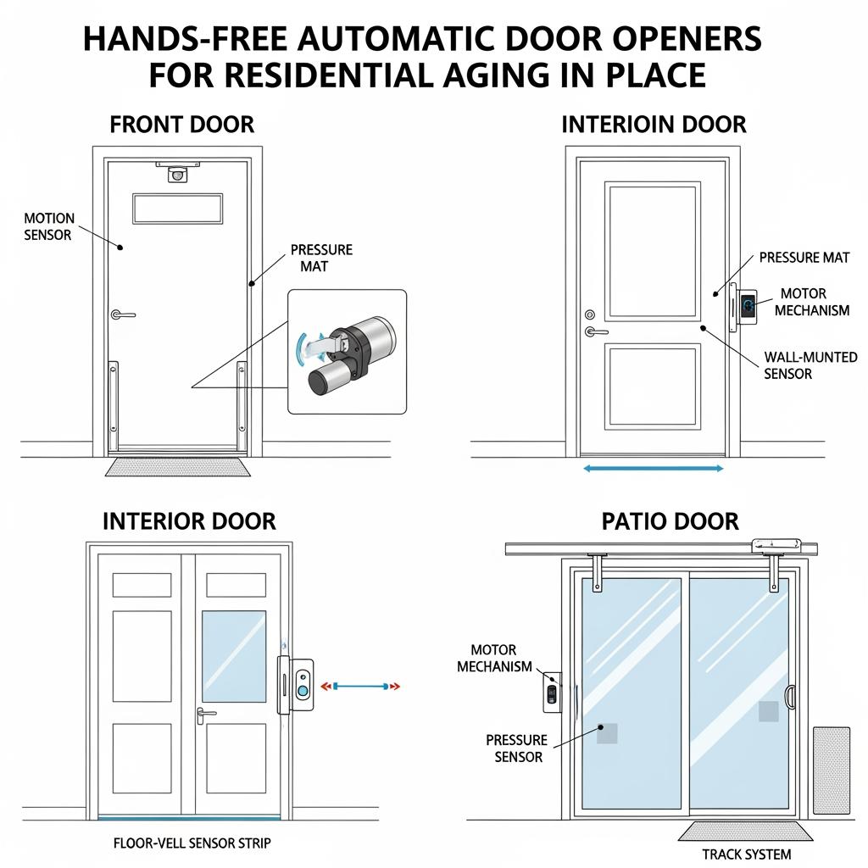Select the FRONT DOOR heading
point(181,125)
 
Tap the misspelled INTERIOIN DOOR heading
point(654,125)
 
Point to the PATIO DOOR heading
point(670,520)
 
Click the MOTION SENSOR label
point(49,226)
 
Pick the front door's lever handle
point(123,314)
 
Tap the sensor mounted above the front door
point(177,173)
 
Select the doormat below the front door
point(177,465)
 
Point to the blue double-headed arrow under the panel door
point(653,468)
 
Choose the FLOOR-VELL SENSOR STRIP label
point(192,843)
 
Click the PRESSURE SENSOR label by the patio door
point(517,748)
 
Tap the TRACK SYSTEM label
point(747,854)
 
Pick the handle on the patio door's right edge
point(791,696)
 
